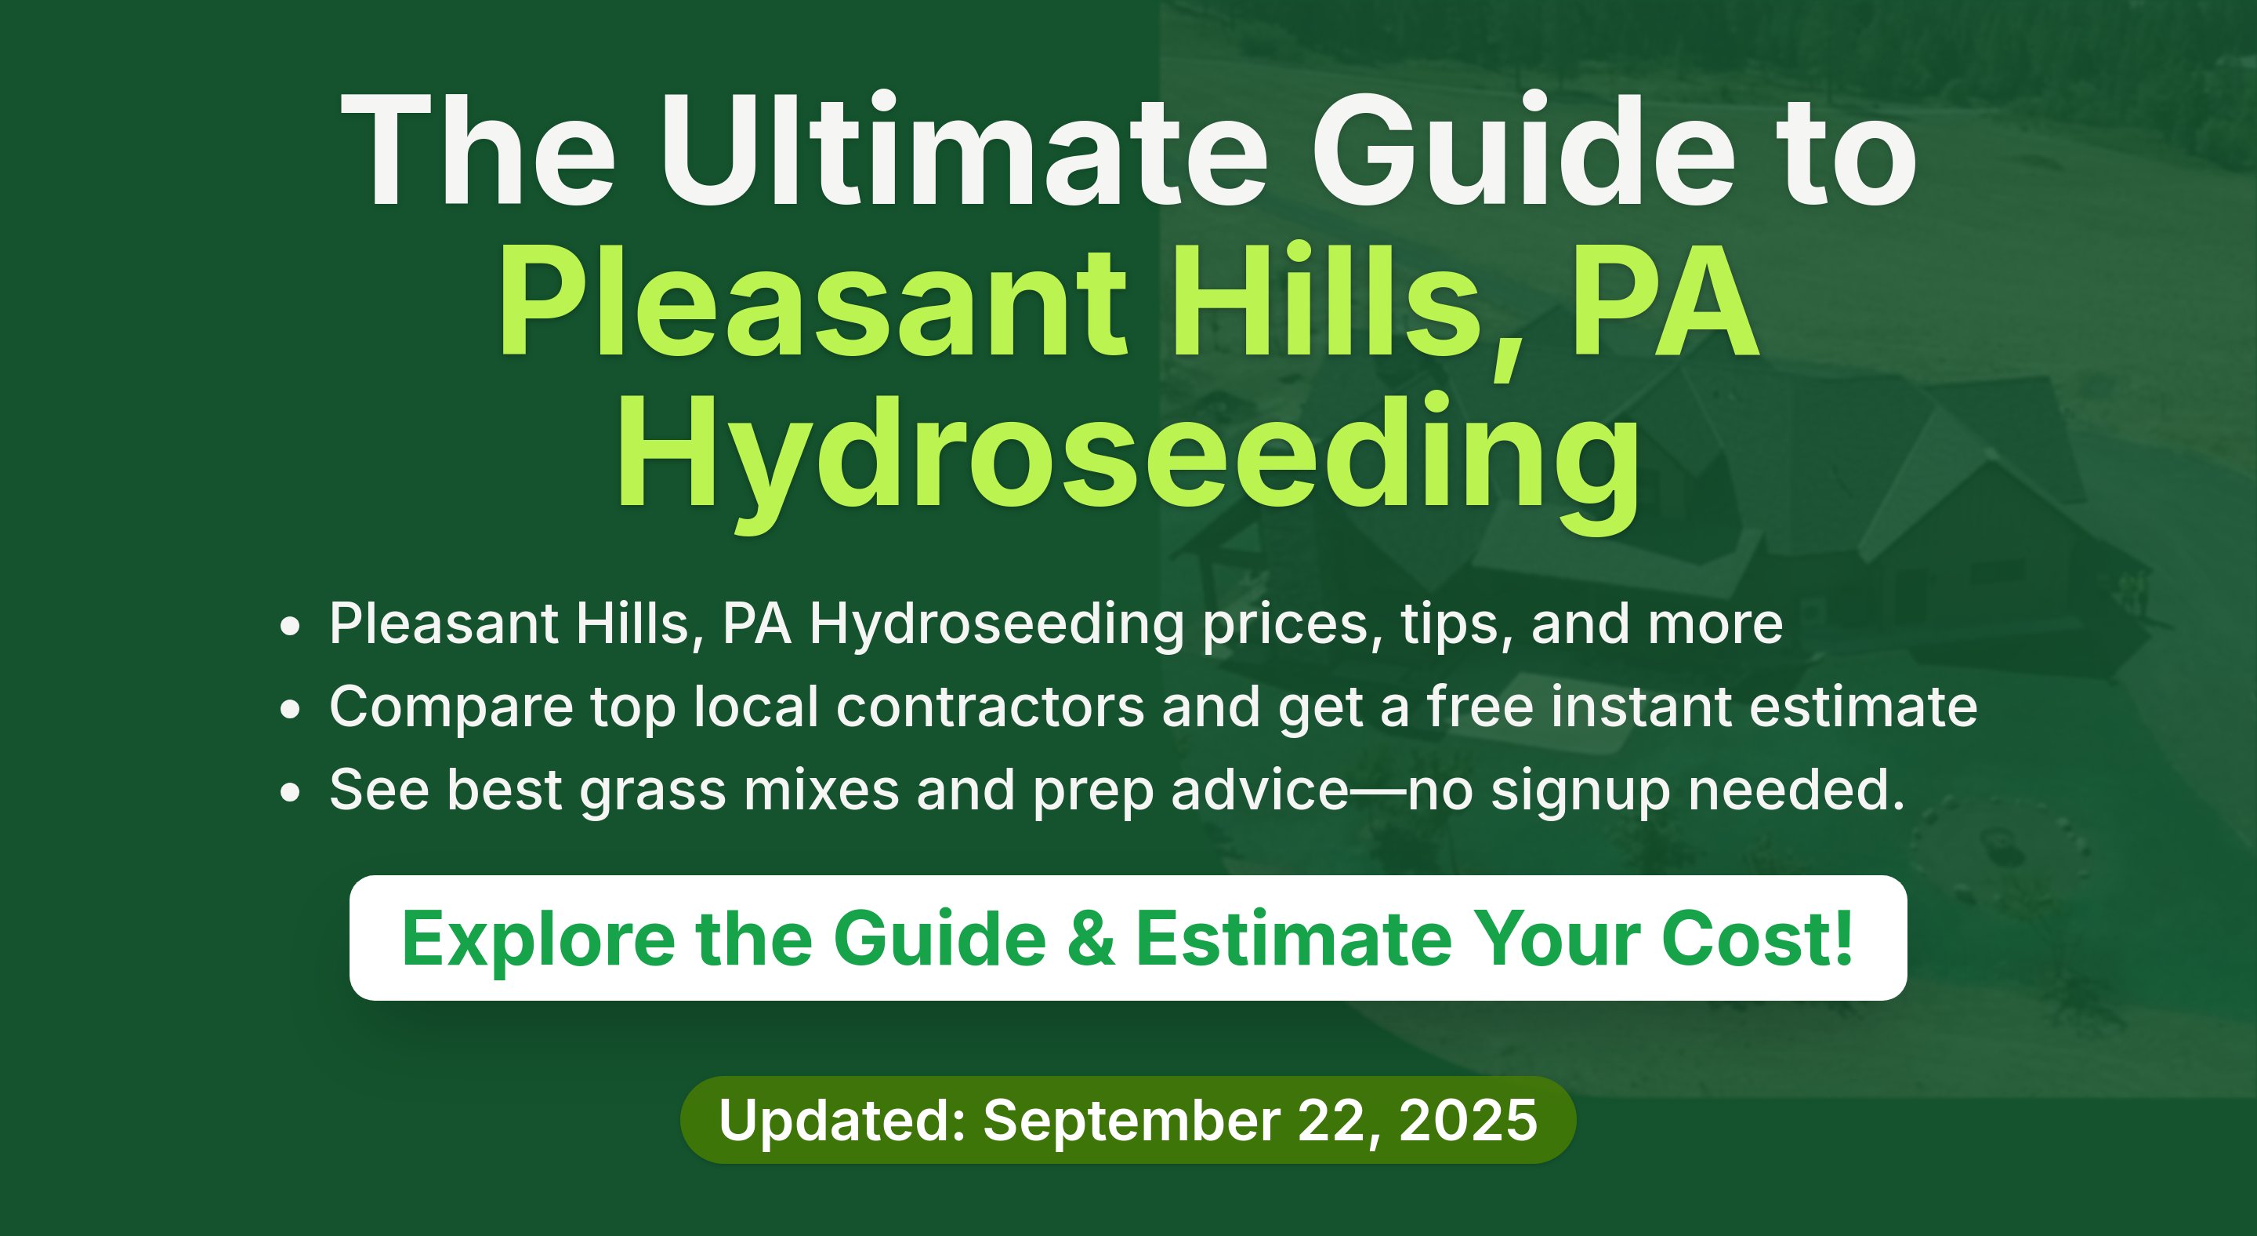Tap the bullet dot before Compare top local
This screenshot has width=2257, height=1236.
click(290, 708)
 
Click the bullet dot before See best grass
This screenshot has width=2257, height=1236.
click(290, 791)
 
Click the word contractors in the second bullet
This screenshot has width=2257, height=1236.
click(990, 707)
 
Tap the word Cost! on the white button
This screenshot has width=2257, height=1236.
click(1757, 938)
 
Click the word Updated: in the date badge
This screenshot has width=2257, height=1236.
click(842, 1120)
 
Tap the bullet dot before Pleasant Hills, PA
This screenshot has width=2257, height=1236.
click(290, 626)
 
